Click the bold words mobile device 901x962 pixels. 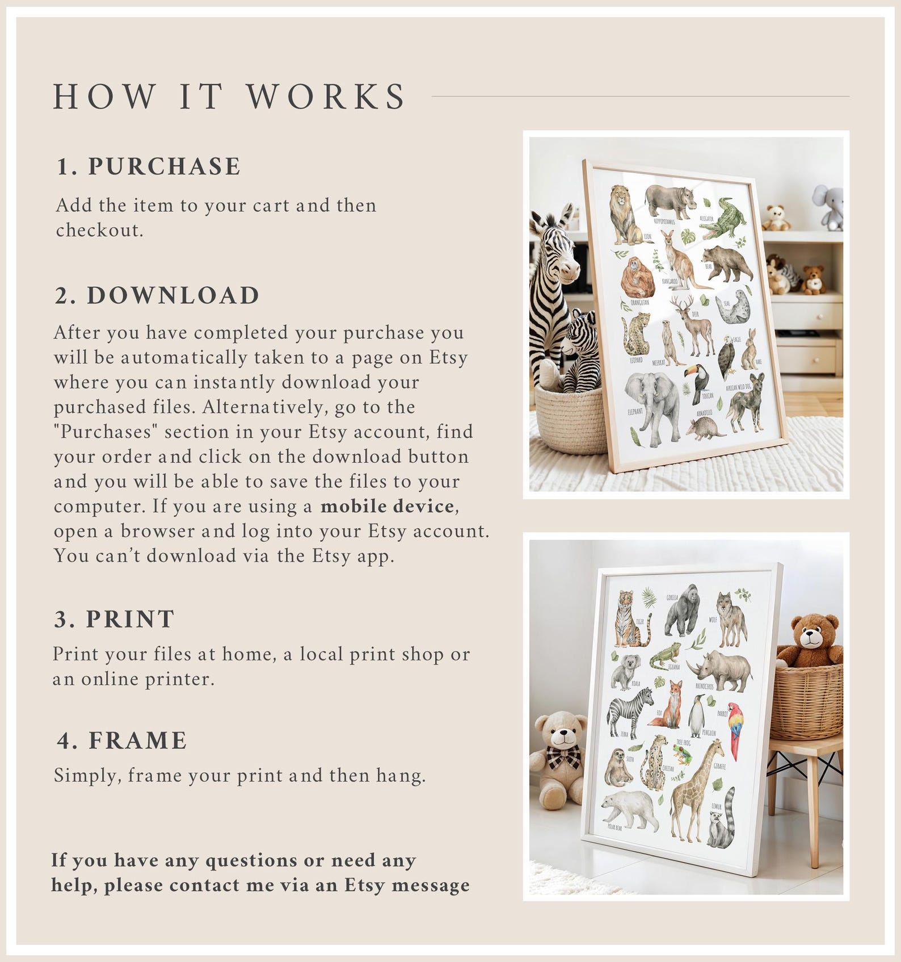(x=387, y=506)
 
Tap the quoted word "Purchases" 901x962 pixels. (x=106, y=432)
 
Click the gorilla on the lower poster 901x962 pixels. (x=683, y=610)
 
